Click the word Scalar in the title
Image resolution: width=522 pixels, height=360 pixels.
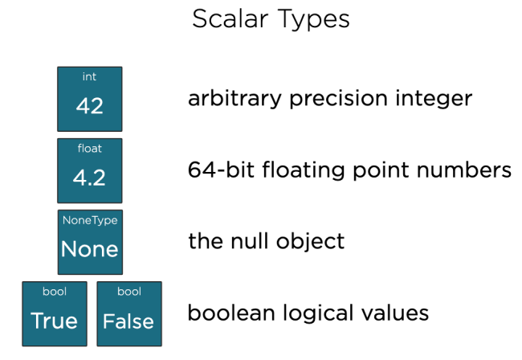(230, 19)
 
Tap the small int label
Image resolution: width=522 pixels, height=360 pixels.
(90, 76)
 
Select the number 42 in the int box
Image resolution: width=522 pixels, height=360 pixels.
(90, 106)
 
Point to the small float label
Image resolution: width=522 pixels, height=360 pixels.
(90, 148)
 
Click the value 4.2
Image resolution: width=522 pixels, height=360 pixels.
(89, 177)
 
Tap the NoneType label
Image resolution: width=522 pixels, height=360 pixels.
(90, 220)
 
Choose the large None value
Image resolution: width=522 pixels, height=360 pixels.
(90, 249)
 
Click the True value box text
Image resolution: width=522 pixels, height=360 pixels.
(55, 321)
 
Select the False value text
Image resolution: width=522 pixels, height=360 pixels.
(128, 321)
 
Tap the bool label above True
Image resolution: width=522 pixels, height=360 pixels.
(55, 292)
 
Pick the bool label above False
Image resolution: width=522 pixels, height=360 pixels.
(129, 292)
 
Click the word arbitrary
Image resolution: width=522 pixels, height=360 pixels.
(234, 99)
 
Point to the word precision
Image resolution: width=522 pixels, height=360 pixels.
(339, 99)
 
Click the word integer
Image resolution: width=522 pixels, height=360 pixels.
(434, 99)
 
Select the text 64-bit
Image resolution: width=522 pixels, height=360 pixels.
(221, 170)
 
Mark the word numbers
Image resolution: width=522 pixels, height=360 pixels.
(463, 170)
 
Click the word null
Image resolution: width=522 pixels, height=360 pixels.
(250, 241)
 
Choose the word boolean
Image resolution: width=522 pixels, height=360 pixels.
(231, 313)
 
